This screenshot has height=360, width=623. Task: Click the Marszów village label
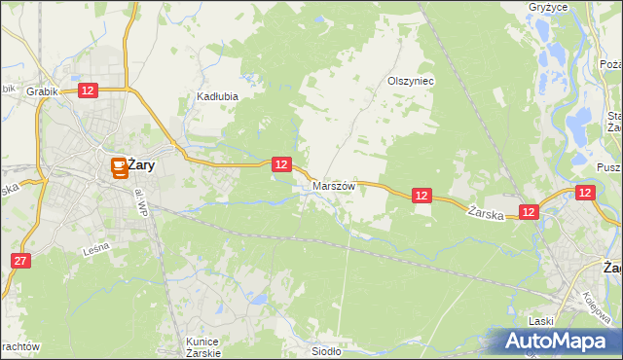334,185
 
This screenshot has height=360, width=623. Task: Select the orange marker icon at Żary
118,168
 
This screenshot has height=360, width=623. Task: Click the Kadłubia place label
218,97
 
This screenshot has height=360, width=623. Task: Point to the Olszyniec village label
411,82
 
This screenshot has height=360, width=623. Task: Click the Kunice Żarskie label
202,346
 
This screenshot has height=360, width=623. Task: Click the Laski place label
540,320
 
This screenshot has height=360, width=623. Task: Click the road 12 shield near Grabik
88,90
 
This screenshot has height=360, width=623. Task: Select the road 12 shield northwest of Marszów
281,165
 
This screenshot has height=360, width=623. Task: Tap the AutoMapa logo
558,342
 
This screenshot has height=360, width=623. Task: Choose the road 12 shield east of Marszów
421,196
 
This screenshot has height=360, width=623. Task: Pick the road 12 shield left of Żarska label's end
529,211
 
